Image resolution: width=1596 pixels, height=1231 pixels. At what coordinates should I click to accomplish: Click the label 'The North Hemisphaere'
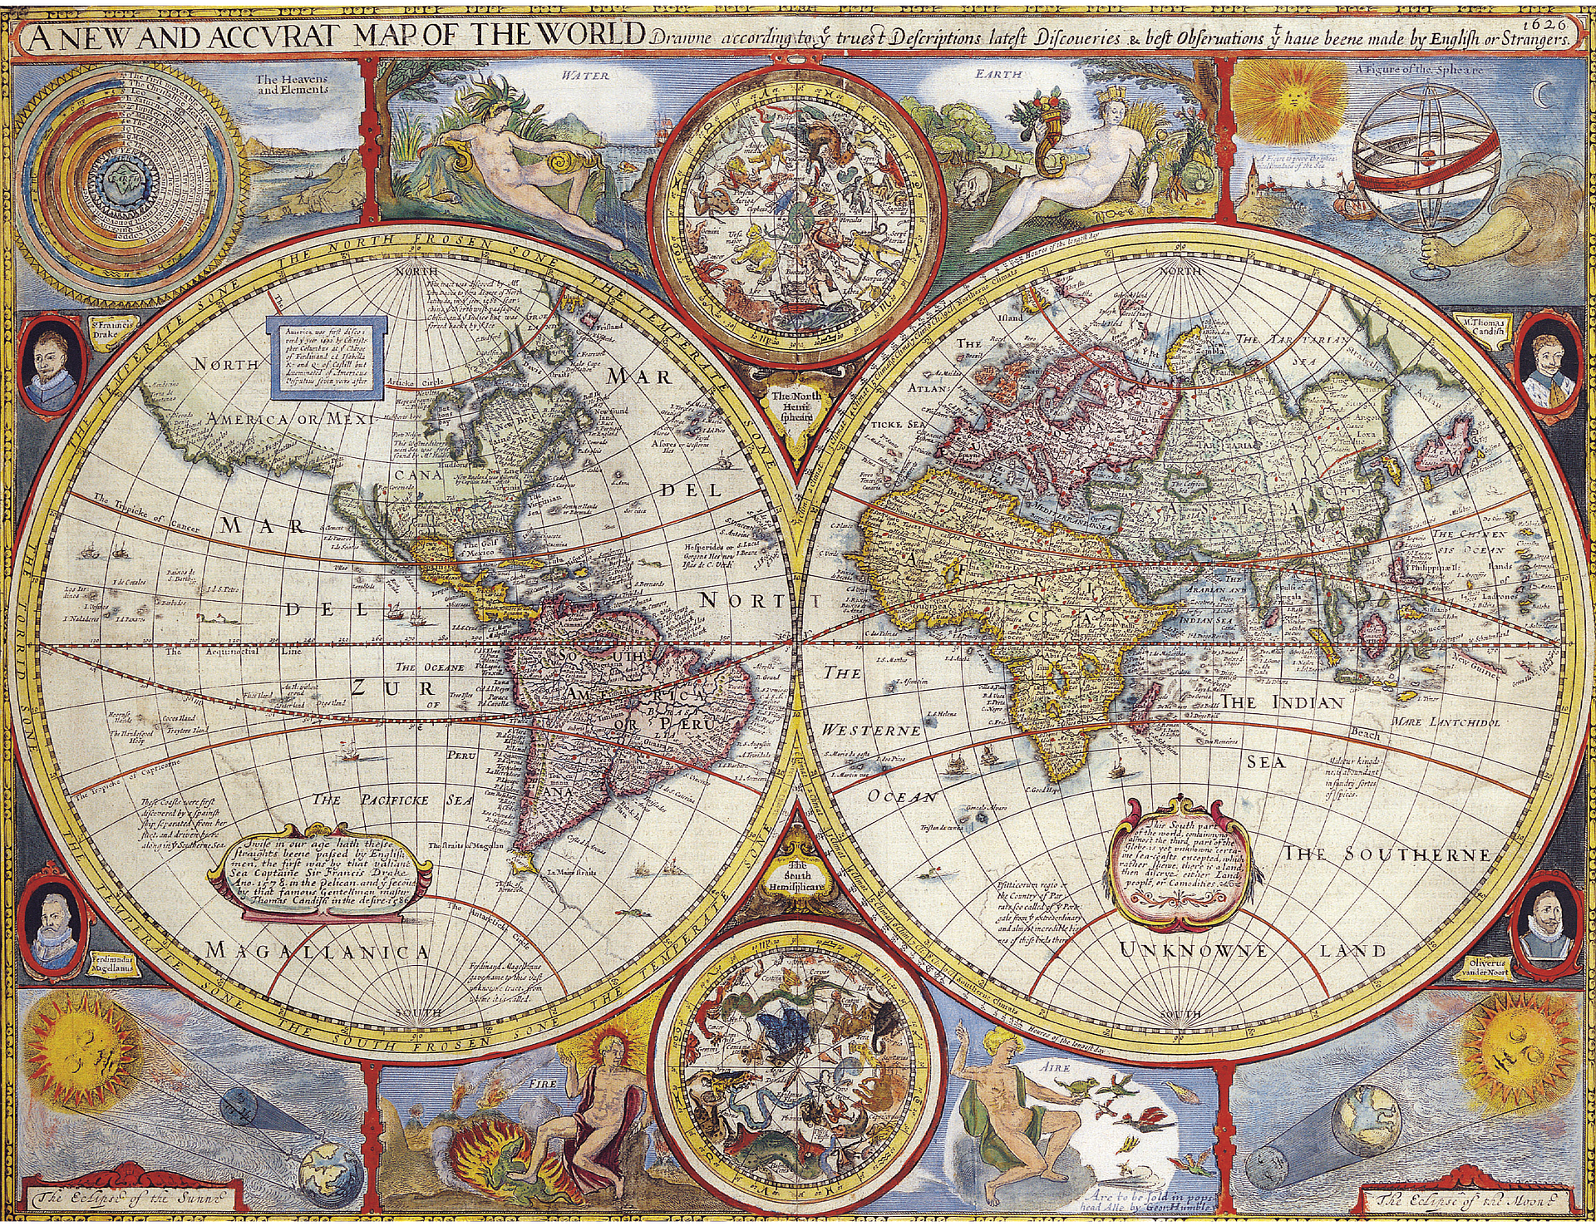coord(796,404)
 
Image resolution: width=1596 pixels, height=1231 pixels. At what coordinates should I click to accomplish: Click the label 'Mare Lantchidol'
coord(1446,722)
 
